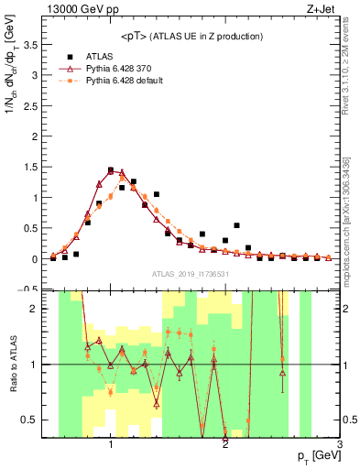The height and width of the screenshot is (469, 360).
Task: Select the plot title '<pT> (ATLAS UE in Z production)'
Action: tap(191, 36)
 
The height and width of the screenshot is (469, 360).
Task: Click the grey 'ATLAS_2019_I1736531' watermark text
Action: tap(191, 274)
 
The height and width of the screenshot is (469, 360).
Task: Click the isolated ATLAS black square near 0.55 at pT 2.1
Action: tap(236, 225)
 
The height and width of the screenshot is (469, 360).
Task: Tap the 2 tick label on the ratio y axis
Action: tap(38, 309)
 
